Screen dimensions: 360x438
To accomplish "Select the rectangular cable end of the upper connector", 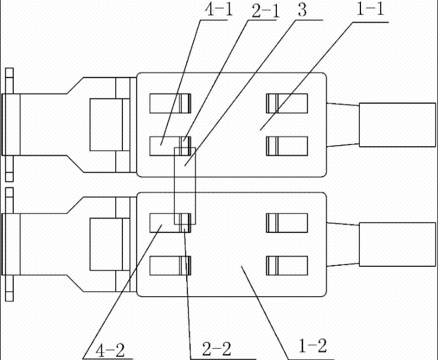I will coord(397,124).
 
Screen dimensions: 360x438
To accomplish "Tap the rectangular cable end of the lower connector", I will coord(397,244).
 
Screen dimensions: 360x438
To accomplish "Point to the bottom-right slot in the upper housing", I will coord(286,146).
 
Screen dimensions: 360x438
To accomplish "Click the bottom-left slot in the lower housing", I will coord(169,265).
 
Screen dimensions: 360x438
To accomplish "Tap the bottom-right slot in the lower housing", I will coord(286,265).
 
